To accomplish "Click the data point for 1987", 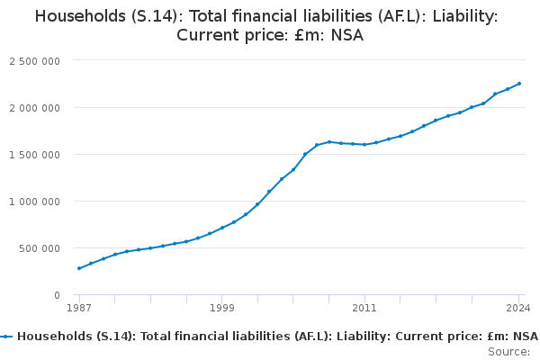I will tap(79, 268).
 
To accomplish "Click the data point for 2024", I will tap(519, 84).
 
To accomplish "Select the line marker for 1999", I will tap(222, 228).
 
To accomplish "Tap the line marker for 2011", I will tap(364, 144).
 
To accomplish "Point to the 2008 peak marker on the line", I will tap(329, 141).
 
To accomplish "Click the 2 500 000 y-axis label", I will tap(35, 61).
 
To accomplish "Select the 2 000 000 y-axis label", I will tap(35, 108).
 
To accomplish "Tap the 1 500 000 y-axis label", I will tap(35, 155).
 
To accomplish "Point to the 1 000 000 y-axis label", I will tap(35, 202).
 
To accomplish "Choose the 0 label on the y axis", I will tap(57, 295).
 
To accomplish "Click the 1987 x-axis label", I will tap(79, 308).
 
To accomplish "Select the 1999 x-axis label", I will tap(222, 308).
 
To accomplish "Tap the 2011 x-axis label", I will tap(364, 308).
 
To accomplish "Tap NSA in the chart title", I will tap(347, 37).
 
